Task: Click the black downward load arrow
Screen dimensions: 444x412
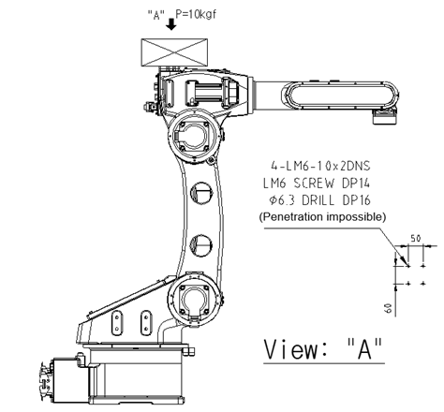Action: pyautogui.click(x=170, y=24)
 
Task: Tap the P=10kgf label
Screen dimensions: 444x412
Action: pyautogui.click(x=196, y=14)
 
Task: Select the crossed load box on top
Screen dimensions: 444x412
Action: pyautogui.click(x=174, y=52)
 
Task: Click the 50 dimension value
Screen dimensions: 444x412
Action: pyautogui.click(x=415, y=239)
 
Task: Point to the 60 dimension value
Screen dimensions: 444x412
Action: pyautogui.click(x=388, y=308)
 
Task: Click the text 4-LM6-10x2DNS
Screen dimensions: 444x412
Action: pyautogui.click(x=320, y=166)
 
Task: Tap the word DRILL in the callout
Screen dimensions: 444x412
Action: pyautogui.click(x=318, y=200)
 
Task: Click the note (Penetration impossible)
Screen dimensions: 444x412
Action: pyautogui.click(x=322, y=217)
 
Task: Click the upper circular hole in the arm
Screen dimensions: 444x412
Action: pyautogui.click(x=201, y=193)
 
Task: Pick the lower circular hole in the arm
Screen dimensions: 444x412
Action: pyautogui.click(x=201, y=245)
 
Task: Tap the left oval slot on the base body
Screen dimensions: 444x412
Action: pyautogui.click(x=117, y=323)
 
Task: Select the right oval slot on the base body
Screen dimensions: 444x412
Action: pyautogui.click(x=146, y=323)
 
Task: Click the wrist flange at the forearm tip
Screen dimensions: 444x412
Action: pyautogui.click(x=385, y=117)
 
